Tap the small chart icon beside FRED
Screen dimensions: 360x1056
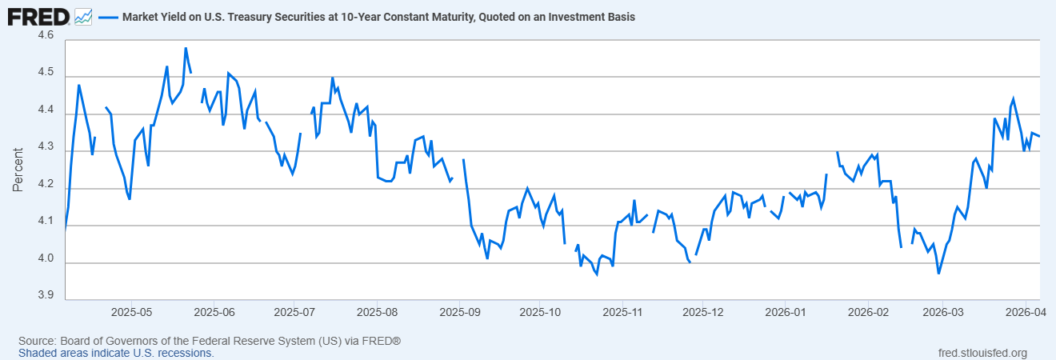click(83, 16)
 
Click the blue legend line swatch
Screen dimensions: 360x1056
click(108, 17)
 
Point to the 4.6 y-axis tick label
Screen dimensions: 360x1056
click(45, 36)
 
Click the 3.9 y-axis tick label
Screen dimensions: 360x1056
click(45, 296)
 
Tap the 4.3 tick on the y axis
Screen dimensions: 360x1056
click(45, 147)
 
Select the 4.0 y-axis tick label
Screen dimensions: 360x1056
click(45, 259)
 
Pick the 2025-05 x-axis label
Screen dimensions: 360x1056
click(131, 310)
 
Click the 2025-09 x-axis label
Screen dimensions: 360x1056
click(459, 310)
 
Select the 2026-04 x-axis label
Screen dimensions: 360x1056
click(1026, 310)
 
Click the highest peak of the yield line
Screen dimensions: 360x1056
click(186, 48)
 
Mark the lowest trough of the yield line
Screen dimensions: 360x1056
click(938, 274)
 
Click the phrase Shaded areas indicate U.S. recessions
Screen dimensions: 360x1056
click(116, 353)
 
